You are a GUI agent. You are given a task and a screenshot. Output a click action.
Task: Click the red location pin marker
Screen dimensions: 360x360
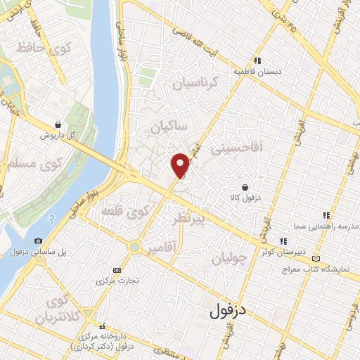point(181,164)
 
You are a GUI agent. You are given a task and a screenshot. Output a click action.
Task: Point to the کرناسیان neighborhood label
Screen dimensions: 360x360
point(196,84)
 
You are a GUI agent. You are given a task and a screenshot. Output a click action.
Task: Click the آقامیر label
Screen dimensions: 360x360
point(163,249)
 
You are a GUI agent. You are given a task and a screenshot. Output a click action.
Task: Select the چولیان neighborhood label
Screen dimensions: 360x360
point(230,257)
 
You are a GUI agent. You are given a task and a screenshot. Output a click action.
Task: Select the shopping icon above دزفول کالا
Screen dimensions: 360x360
point(244,188)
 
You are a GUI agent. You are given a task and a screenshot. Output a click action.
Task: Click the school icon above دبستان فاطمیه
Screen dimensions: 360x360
point(257,60)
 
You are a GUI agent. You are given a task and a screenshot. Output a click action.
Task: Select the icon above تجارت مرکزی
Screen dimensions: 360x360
point(117,270)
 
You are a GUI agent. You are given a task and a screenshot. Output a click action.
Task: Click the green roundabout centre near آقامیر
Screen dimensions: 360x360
point(134,247)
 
